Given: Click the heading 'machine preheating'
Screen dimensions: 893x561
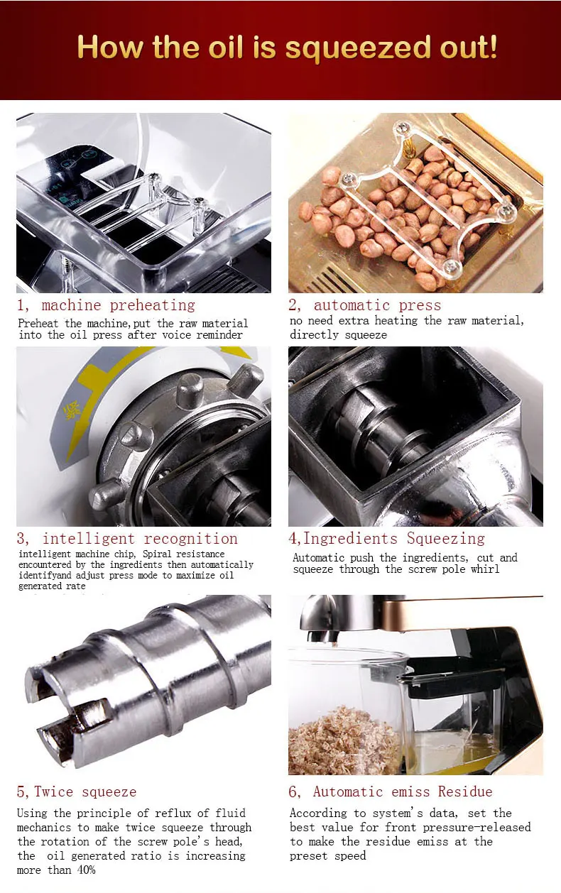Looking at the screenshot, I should tap(118, 305).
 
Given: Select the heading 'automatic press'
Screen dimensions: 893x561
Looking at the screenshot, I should tap(377, 305).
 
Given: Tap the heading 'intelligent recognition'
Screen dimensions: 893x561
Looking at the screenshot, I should tap(140, 538).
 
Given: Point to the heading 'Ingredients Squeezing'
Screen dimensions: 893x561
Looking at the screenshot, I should tap(394, 538).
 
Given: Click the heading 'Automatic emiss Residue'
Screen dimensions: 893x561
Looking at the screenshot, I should tap(403, 791).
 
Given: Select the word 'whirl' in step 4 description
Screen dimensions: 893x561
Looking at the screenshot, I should tap(484, 569).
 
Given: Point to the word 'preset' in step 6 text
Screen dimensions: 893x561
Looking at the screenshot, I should tap(310, 855).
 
